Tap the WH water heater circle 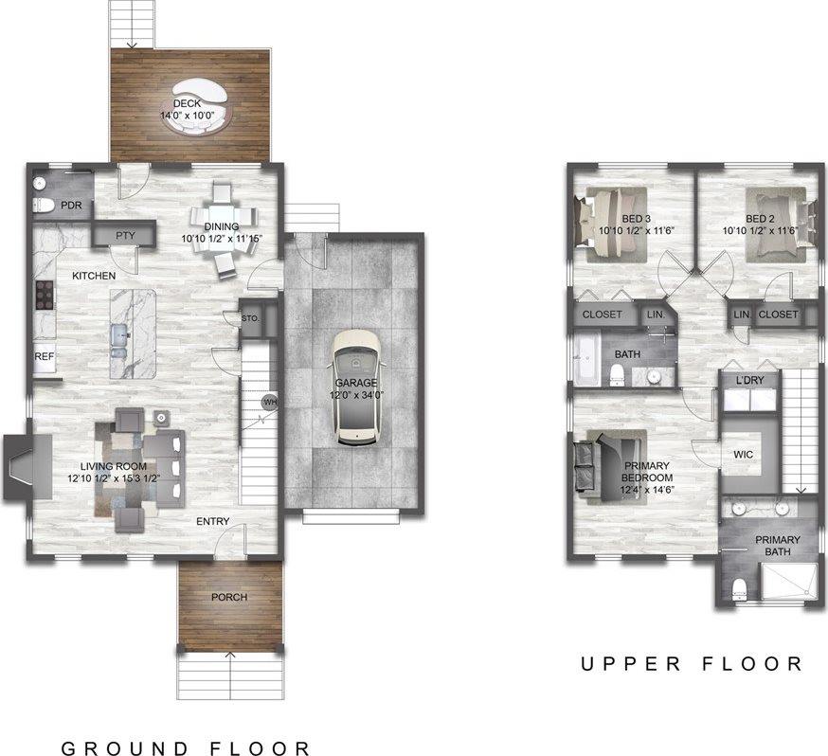tap(269, 402)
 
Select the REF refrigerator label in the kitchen tap(45, 357)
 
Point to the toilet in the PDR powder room tap(43, 206)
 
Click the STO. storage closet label tap(250, 318)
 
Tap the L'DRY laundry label tap(750, 381)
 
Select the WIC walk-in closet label tap(743, 455)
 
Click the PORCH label tap(229, 597)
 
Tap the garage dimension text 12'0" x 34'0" tap(353, 396)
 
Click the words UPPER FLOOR tap(692, 664)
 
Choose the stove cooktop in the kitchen tap(43, 297)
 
